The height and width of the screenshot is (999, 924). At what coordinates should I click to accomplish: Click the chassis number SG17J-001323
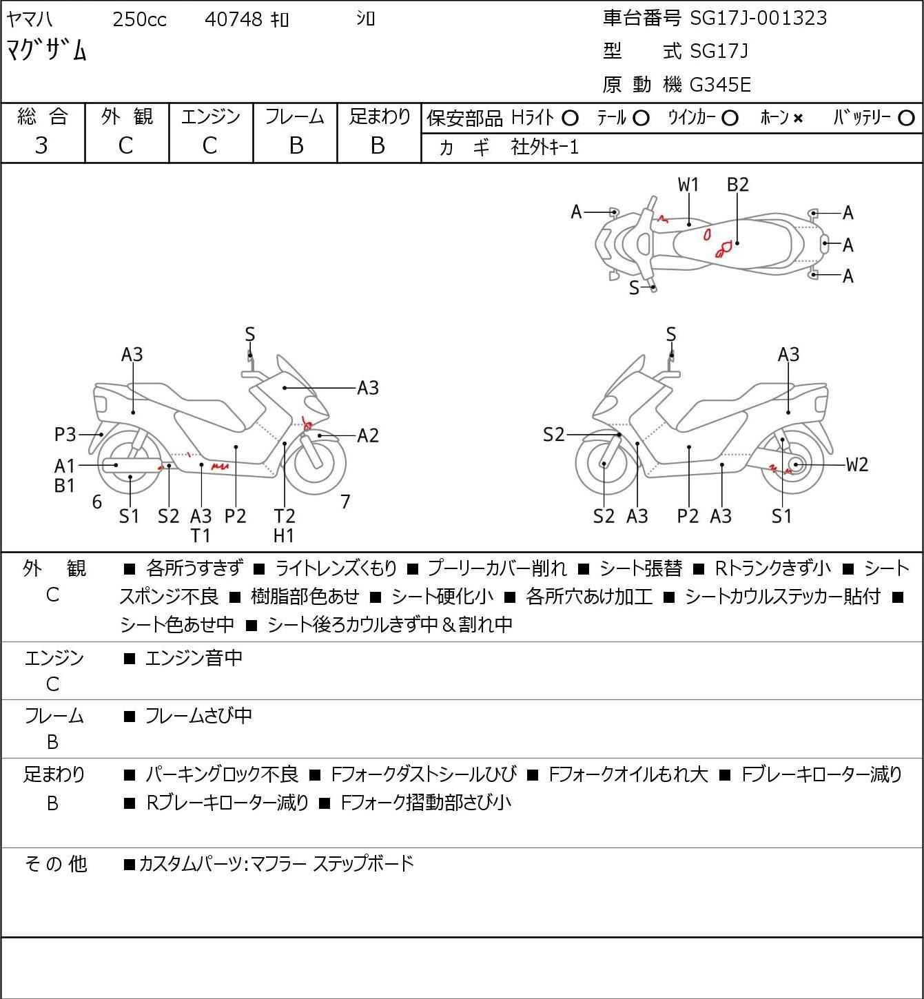point(758,18)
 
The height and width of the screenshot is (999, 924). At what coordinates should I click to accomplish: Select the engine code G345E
point(720,85)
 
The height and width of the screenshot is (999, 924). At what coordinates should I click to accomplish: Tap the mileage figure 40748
point(234,19)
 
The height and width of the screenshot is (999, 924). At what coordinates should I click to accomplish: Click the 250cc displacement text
point(139,19)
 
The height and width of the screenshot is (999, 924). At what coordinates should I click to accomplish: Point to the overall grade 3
point(41,145)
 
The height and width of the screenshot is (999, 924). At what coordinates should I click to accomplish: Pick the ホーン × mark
point(798,119)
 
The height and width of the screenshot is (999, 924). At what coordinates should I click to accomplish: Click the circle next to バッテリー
point(907,119)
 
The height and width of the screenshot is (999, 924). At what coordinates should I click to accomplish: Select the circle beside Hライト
point(570,119)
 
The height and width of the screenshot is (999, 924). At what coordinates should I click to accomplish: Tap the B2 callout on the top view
point(737,185)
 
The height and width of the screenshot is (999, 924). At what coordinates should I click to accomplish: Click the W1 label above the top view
point(688,185)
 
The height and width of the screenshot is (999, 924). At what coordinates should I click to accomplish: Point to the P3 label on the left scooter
point(65,435)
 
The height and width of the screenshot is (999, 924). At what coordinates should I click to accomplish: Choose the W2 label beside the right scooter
point(857,464)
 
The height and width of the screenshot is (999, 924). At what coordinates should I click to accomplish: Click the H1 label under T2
point(284,535)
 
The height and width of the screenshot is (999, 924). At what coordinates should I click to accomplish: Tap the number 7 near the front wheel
point(345,502)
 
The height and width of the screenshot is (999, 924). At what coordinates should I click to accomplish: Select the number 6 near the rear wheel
point(97,502)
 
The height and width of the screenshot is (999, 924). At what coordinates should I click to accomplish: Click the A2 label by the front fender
point(368,435)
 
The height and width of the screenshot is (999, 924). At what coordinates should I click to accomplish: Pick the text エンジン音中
point(194,659)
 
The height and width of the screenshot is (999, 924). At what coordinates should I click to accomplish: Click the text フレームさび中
point(198,717)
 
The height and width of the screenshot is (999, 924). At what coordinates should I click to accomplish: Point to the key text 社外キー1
point(544,147)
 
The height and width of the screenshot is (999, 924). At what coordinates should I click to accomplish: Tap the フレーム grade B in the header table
point(296,145)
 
